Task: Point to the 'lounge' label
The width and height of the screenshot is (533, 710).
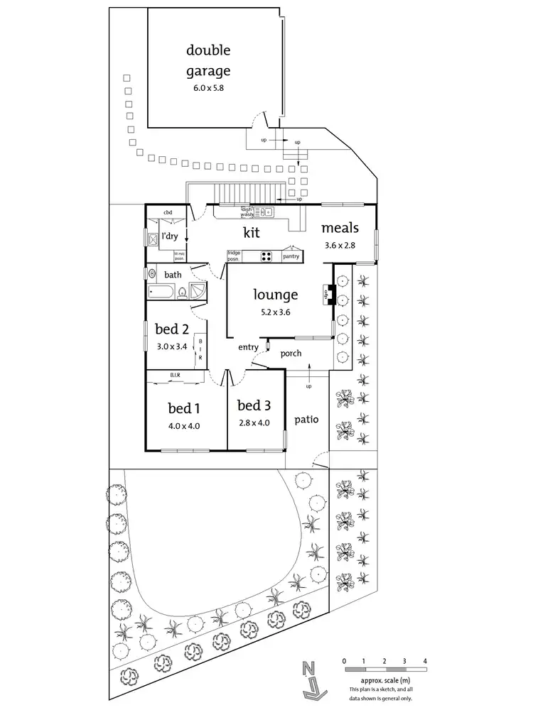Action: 276,294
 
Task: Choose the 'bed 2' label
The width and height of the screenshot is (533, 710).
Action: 171,329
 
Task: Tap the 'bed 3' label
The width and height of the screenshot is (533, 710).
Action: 254,405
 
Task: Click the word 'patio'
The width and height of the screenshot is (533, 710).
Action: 306,420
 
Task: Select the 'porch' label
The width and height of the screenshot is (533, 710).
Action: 291,353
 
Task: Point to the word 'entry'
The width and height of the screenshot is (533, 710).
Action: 248,347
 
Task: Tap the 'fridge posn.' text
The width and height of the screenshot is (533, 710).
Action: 234,255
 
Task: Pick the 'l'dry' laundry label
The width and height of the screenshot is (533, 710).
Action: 169,235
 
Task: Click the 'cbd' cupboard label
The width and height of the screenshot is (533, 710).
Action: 168,212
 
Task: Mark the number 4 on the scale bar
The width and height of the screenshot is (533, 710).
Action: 425,661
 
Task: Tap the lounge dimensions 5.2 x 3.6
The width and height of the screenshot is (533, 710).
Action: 276,310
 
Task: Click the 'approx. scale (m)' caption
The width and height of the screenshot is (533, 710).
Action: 384,680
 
